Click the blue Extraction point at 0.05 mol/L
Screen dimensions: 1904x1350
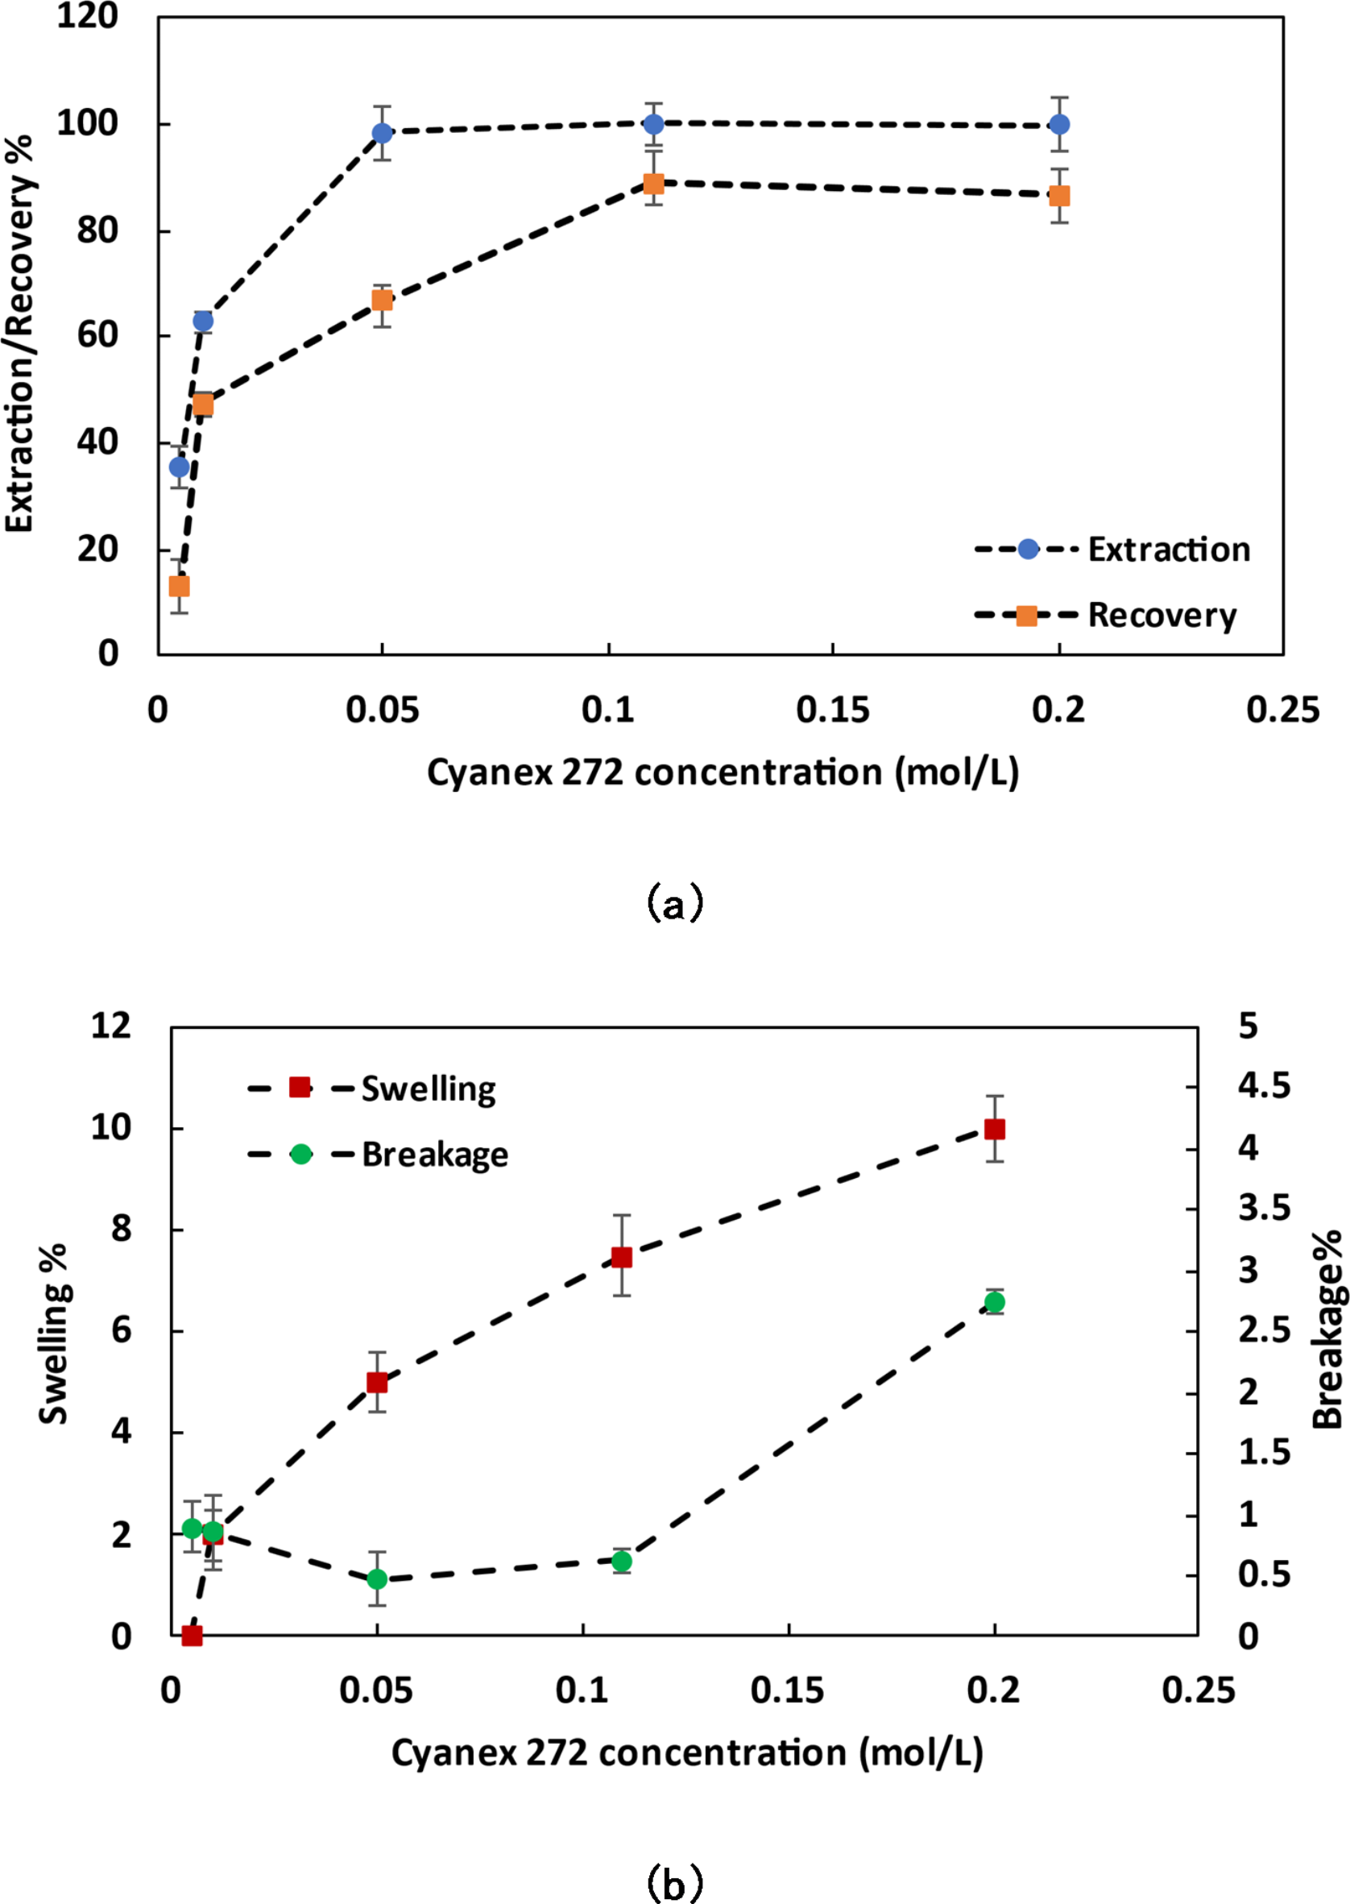click(x=382, y=133)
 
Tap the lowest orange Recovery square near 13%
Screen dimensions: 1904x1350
click(x=180, y=586)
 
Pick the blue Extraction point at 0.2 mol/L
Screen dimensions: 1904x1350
click(x=1059, y=125)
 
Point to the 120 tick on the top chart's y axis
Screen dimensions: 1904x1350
click(x=88, y=16)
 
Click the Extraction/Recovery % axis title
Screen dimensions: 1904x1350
click(x=19, y=333)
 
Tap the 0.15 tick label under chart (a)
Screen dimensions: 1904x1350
click(x=832, y=711)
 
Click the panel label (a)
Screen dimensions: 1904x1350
click(x=674, y=902)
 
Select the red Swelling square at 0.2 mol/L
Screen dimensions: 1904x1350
click(x=994, y=1129)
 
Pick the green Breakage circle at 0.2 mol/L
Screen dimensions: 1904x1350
click(x=994, y=1302)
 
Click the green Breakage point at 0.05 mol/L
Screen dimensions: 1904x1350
click(x=378, y=1579)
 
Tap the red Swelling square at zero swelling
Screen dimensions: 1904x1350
click(x=192, y=1636)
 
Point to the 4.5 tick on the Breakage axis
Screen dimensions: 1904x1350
click(x=1264, y=1086)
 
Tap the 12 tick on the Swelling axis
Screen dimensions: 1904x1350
click(x=110, y=1026)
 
